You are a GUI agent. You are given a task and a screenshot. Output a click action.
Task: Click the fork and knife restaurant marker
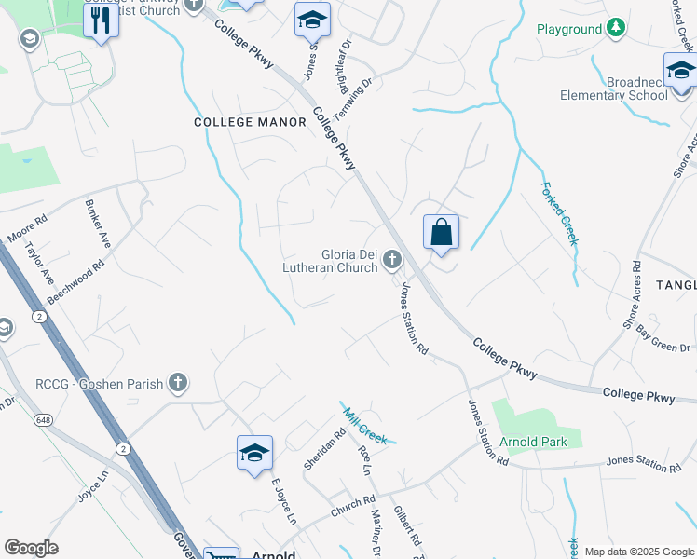(x=101, y=20)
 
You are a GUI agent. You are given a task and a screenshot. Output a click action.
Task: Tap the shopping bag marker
(x=442, y=233)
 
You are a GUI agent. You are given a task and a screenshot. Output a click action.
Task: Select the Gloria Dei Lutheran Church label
(x=335, y=260)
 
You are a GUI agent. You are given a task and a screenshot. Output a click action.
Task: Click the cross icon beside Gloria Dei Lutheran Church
(x=392, y=260)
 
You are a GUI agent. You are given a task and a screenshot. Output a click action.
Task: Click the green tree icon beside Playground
(x=615, y=29)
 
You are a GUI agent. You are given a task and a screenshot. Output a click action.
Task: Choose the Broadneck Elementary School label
(x=614, y=89)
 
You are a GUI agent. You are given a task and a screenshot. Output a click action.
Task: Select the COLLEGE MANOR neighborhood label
(x=250, y=122)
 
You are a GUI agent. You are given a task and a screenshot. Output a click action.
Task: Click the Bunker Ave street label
(x=98, y=224)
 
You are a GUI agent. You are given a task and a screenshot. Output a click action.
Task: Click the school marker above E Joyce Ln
(x=254, y=454)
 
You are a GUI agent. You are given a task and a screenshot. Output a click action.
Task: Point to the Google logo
(x=31, y=548)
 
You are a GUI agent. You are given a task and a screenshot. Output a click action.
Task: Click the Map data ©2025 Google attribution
(x=638, y=552)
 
